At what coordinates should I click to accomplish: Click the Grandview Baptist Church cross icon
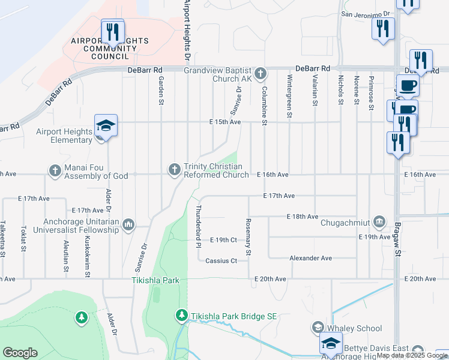260,74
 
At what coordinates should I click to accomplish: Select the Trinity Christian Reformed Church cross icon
175,170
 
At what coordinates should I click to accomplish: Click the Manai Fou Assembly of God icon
55,170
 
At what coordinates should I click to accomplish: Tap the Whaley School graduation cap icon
317,328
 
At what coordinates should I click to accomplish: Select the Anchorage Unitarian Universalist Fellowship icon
128,225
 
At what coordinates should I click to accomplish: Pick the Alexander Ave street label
310,258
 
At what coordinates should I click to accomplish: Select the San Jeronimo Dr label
366,13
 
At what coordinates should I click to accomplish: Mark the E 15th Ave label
225,122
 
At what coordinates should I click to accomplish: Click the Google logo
20,353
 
